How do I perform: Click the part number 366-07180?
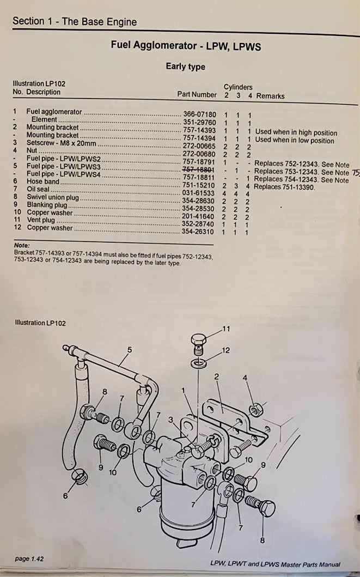pyautogui.click(x=199, y=114)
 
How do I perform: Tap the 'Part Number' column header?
pyautogui.click(x=197, y=94)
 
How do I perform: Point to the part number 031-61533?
pyautogui.click(x=199, y=193)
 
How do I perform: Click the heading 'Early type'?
pyautogui.click(x=186, y=66)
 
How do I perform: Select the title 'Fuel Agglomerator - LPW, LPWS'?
pyautogui.click(x=186, y=47)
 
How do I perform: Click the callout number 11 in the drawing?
pyautogui.click(x=227, y=329)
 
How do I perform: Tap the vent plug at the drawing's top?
pyautogui.click(x=200, y=342)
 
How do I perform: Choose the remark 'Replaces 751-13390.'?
pyautogui.click(x=284, y=187)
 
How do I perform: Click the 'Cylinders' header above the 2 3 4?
pyautogui.click(x=238, y=87)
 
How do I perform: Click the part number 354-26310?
pyautogui.click(x=199, y=232)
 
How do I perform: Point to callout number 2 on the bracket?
pyautogui.click(x=216, y=376)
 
